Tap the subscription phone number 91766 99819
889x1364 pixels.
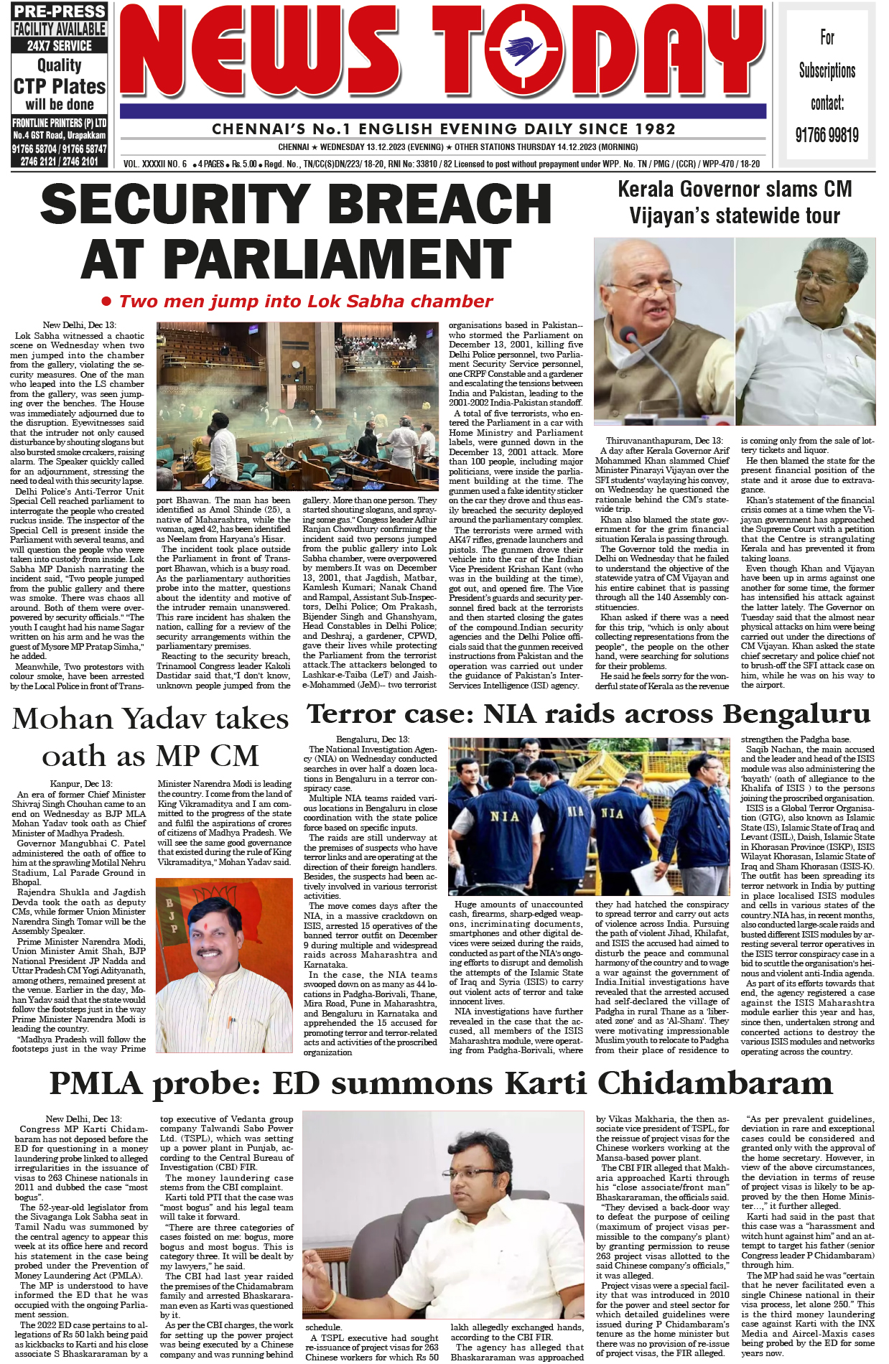pyautogui.click(x=827, y=135)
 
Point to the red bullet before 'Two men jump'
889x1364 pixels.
pyautogui.click(x=106, y=302)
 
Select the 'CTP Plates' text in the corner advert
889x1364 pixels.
pyautogui.click(x=59, y=87)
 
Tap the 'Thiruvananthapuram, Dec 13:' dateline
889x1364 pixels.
pyautogui.click(x=664, y=441)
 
